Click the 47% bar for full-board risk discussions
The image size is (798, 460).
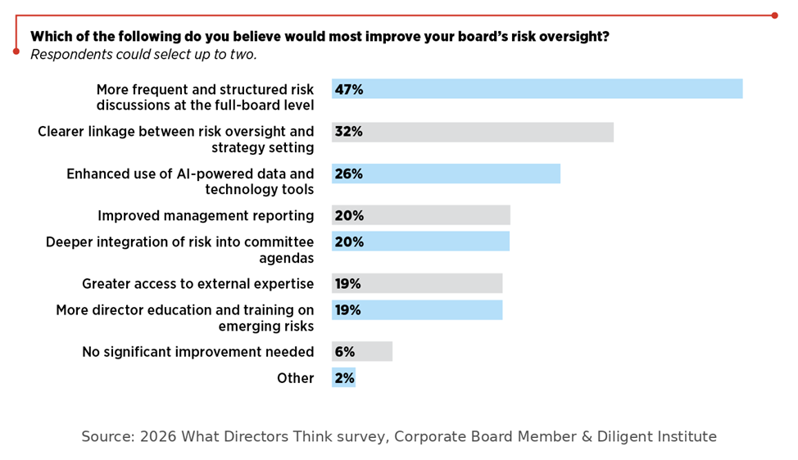pyautogui.click(x=537, y=89)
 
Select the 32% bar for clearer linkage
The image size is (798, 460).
pyautogui.click(x=473, y=132)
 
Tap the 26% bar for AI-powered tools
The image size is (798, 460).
pyautogui.click(x=446, y=174)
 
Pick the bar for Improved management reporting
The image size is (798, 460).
pyautogui.click(x=421, y=215)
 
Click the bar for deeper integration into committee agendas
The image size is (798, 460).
pyautogui.click(x=420, y=241)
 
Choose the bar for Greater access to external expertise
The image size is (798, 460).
pyautogui.click(x=417, y=283)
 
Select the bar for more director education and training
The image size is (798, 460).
pyautogui.click(x=417, y=309)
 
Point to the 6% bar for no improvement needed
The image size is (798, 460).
pyautogui.click(x=362, y=351)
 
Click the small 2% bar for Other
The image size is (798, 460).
pyautogui.click(x=344, y=378)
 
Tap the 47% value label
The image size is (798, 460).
pyautogui.click(x=348, y=89)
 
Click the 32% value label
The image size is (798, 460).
pyautogui.click(x=348, y=132)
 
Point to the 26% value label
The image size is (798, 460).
pyautogui.click(x=348, y=174)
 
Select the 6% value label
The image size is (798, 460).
pyautogui.click(x=344, y=351)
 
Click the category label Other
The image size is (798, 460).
pyautogui.click(x=295, y=378)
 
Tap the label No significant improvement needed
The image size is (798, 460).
pyautogui.click(x=197, y=352)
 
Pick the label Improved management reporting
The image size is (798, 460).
pyautogui.click(x=206, y=216)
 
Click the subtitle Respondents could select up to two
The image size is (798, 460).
pyautogui.click(x=143, y=55)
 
